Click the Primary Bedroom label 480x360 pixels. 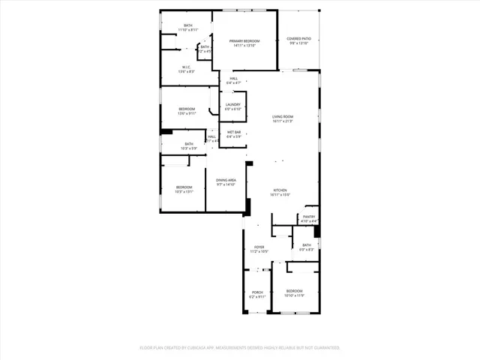(244, 40)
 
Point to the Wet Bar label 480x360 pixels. (233, 132)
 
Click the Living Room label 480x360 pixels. (282, 116)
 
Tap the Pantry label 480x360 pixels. (309, 217)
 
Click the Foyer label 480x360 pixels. (259, 247)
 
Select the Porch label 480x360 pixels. (257, 292)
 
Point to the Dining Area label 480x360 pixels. (226, 180)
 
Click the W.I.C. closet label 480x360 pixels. (186, 66)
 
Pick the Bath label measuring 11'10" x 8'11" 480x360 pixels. (187, 25)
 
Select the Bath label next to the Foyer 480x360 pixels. (307, 244)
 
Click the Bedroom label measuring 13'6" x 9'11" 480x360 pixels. (187, 109)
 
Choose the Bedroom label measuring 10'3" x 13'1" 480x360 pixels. (184, 187)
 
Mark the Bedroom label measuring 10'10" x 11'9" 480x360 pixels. (294, 290)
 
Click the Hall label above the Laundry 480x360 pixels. (233, 78)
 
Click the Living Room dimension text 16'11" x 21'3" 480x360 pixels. (282, 121)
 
